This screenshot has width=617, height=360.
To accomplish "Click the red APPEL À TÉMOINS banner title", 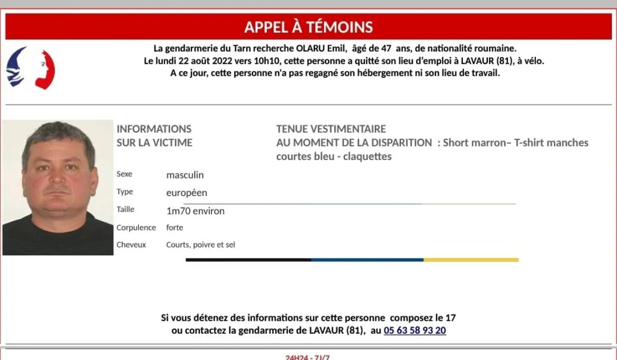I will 308,26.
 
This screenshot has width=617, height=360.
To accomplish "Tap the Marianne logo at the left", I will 30,68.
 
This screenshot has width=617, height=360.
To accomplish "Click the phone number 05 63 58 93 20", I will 415,331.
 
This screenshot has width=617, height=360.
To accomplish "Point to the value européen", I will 187,193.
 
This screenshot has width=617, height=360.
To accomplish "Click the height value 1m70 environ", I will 195,211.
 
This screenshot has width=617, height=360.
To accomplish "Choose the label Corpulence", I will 136,228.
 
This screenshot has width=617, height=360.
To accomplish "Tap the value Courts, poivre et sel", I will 200,244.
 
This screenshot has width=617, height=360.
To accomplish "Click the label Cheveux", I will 131,244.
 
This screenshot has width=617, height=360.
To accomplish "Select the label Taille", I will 126,210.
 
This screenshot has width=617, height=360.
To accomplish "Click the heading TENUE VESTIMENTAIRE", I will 331,129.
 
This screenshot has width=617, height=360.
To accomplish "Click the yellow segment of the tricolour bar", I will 471,260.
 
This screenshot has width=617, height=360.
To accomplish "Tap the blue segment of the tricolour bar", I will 367,260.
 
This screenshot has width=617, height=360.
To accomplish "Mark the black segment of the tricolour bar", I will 248,260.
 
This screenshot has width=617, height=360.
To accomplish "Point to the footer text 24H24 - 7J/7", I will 308,357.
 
